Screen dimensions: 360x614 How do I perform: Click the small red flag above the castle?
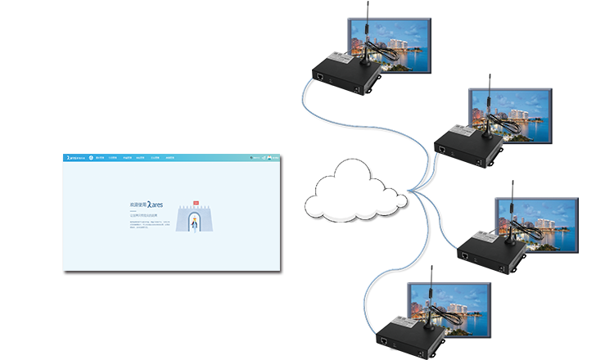tap(196, 200)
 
